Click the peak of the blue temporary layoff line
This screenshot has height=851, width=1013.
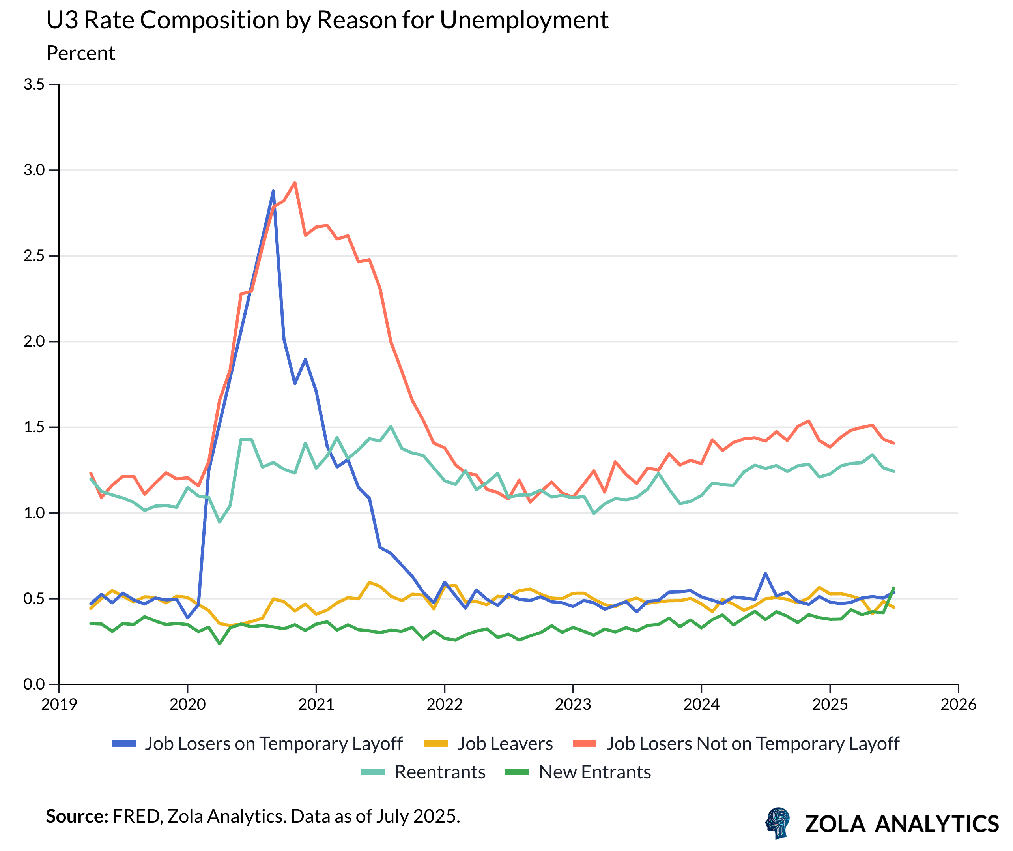(x=273, y=191)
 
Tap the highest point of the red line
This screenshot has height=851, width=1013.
(x=295, y=182)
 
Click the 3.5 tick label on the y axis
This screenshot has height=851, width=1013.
(x=34, y=84)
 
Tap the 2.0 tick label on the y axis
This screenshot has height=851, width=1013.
(x=34, y=341)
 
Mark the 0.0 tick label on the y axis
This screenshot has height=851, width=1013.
(x=34, y=684)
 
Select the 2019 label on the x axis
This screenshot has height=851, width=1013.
(x=59, y=704)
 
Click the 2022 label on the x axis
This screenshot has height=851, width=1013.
(x=444, y=704)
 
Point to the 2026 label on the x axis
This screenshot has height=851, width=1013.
(x=958, y=704)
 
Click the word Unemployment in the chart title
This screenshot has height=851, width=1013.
(x=524, y=20)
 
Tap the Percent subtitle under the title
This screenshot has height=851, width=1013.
(x=80, y=53)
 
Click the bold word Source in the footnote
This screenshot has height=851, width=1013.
(x=77, y=816)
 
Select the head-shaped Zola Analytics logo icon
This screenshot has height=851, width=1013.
(x=778, y=823)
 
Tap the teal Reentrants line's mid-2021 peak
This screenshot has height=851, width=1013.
(x=391, y=427)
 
